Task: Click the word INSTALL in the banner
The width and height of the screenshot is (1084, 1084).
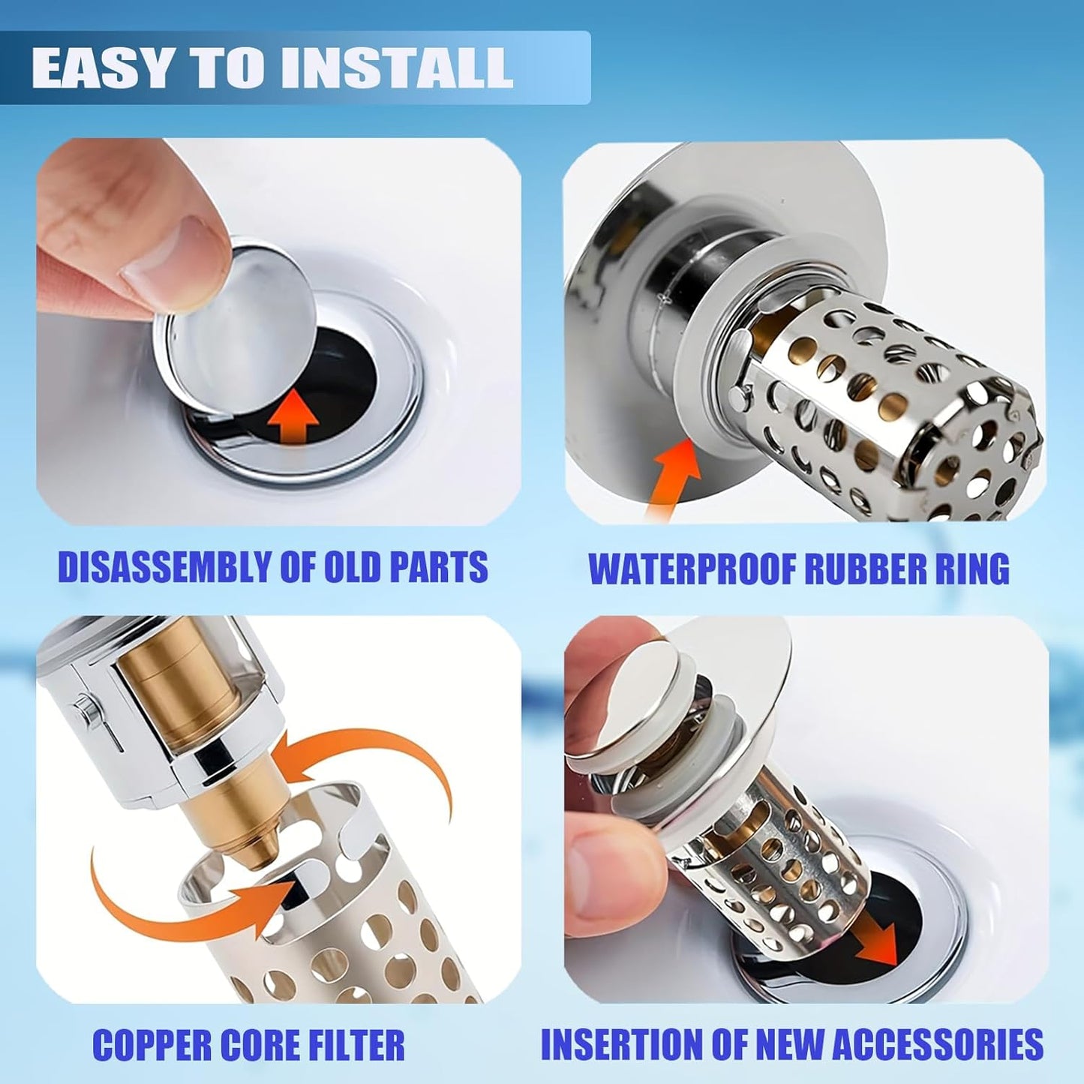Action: tap(397, 69)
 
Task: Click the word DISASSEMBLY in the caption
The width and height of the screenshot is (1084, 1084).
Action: tap(164, 567)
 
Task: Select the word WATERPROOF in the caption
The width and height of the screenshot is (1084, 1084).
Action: tap(691, 569)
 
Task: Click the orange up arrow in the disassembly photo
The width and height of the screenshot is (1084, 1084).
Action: tap(293, 421)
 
